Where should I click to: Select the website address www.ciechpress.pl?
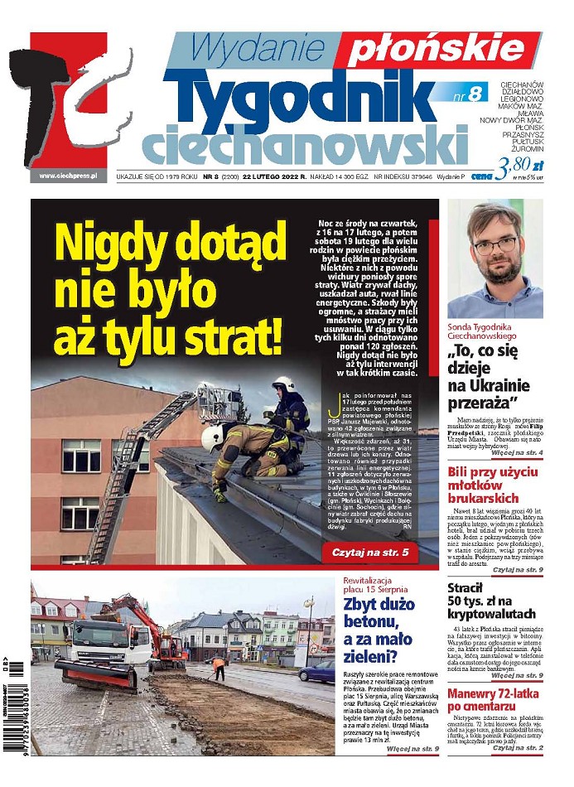(x=69, y=176)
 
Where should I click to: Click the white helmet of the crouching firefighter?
(x=213, y=437)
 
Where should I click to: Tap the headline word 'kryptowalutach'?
(x=494, y=614)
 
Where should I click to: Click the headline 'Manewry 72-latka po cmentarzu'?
(x=494, y=701)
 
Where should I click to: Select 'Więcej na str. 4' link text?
(x=516, y=454)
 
